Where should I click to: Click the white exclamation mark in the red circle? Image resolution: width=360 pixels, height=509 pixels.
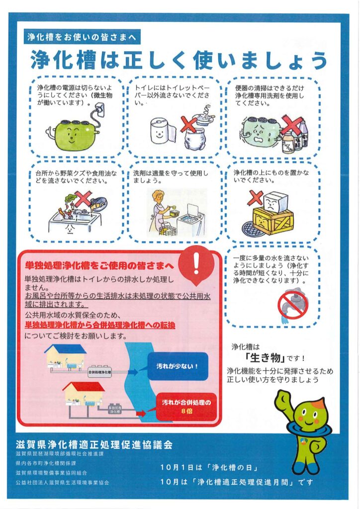[x=196, y=263]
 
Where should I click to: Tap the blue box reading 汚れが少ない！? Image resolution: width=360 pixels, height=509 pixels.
[x=178, y=366]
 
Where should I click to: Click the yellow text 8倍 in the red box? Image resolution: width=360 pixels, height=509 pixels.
[x=186, y=411]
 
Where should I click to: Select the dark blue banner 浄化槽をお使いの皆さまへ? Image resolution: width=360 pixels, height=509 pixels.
[x=82, y=37]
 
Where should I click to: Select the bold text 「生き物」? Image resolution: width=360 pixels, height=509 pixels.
[x=265, y=358]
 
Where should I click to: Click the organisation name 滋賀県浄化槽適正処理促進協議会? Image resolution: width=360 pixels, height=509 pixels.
[x=94, y=444]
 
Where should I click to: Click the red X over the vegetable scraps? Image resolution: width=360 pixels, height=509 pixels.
[x=83, y=199]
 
